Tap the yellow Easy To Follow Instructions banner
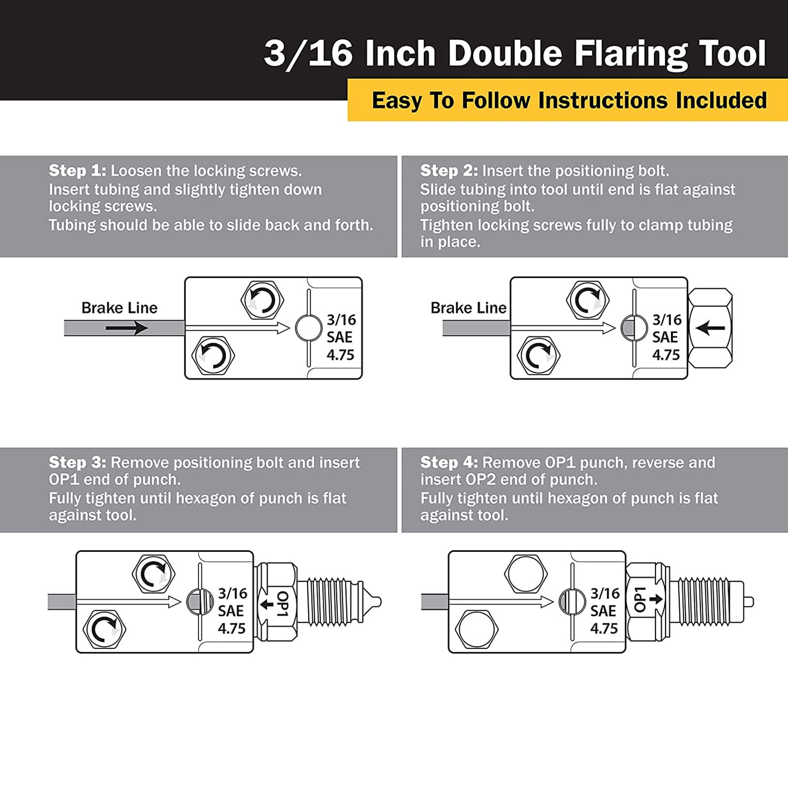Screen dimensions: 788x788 (568, 100)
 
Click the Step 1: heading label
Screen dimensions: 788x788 (77, 171)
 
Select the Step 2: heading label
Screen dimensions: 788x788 (448, 171)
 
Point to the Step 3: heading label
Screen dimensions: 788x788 (77, 463)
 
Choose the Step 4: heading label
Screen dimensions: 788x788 (448, 463)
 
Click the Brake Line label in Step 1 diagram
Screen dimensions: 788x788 (119, 308)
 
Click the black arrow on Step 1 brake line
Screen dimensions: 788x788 (126, 328)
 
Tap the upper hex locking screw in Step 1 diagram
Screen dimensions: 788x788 (262, 300)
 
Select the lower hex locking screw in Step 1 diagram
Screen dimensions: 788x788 (213, 355)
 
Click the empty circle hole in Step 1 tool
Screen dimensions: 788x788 (309, 328)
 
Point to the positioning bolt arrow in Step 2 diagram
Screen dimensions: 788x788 (710, 328)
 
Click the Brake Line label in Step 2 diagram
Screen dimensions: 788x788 (468, 308)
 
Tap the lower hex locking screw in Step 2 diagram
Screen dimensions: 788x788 (538, 355)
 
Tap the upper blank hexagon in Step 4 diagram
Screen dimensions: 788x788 (526, 573)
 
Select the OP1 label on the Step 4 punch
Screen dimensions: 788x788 (639, 599)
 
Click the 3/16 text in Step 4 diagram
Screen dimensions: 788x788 (605, 594)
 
